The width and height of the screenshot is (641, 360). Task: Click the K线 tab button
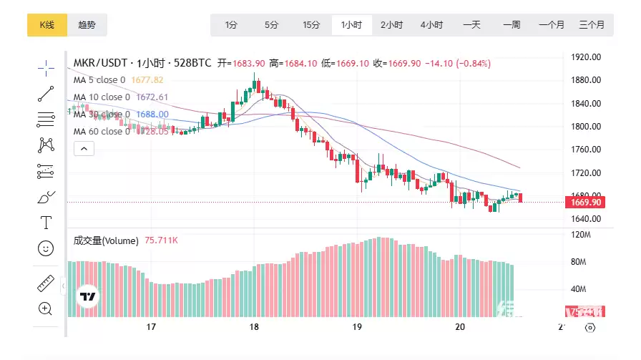tap(47, 25)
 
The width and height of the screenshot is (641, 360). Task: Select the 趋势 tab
tap(87, 25)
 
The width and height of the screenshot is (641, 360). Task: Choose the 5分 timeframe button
tap(271, 25)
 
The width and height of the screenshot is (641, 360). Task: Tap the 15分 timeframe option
tap(311, 25)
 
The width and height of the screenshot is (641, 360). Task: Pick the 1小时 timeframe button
tap(351, 25)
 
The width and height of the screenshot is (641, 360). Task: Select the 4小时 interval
tap(431, 25)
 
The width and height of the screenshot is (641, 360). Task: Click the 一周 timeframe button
tap(512, 25)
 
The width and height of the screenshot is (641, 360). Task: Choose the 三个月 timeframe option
tap(591, 25)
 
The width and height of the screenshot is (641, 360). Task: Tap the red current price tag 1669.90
tap(586, 203)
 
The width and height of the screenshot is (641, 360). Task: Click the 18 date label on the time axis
tap(254, 327)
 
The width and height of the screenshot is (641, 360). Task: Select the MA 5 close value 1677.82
tap(147, 80)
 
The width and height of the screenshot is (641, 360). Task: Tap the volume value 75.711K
tap(161, 241)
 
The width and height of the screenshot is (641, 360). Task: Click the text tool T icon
tap(46, 222)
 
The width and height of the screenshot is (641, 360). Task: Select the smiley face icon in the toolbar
tap(46, 248)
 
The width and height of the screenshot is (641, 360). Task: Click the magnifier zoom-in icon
tap(46, 308)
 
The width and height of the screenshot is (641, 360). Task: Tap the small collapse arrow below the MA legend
tap(84, 149)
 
